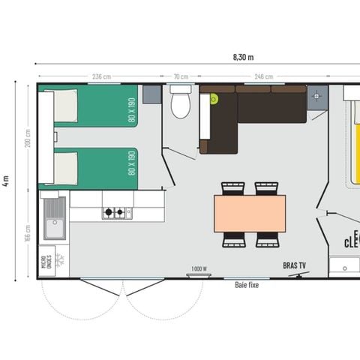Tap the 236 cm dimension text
(101, 76)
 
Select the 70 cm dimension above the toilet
(181, 76)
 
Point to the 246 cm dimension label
(263, 76)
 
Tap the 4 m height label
(6, 181)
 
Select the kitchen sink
(54, 217)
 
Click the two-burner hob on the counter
(116, 213)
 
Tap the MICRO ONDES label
(47, 261)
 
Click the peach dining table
(250, 214)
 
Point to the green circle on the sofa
(214, 98)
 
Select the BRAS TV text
(295, 265)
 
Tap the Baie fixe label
(246, 286)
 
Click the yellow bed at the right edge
(352, 142)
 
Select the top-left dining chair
(233, 187)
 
